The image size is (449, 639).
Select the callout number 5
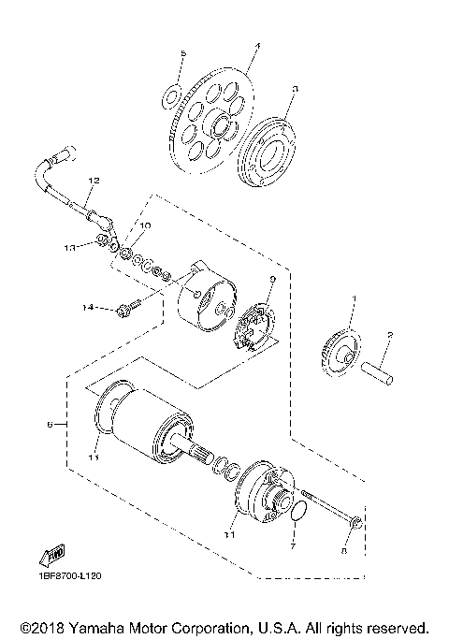[183, 54]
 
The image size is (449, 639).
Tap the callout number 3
[295, 90]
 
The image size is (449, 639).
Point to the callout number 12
[93, 179]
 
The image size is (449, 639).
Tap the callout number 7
[292, 543]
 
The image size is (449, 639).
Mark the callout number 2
[390, 334]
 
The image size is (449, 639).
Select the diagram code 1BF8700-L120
[71, 576]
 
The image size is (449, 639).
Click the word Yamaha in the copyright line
[98, 626]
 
